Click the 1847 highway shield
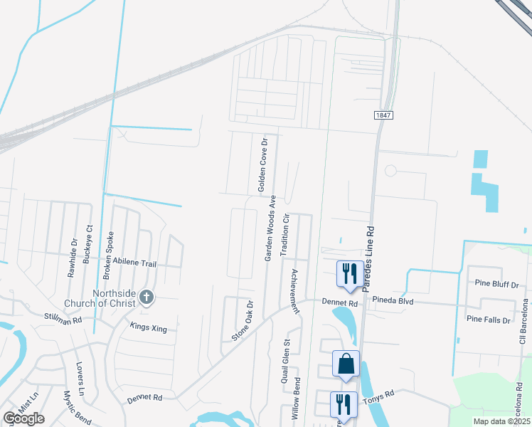(383, 115)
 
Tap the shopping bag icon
(346, 364)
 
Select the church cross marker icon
(147, 297)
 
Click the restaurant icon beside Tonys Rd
(344, 404)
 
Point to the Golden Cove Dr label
(262, 166)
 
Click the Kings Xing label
(148, 327)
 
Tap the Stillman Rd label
(63, 317)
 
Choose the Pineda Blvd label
(388, 301)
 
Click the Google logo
(23, 418)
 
